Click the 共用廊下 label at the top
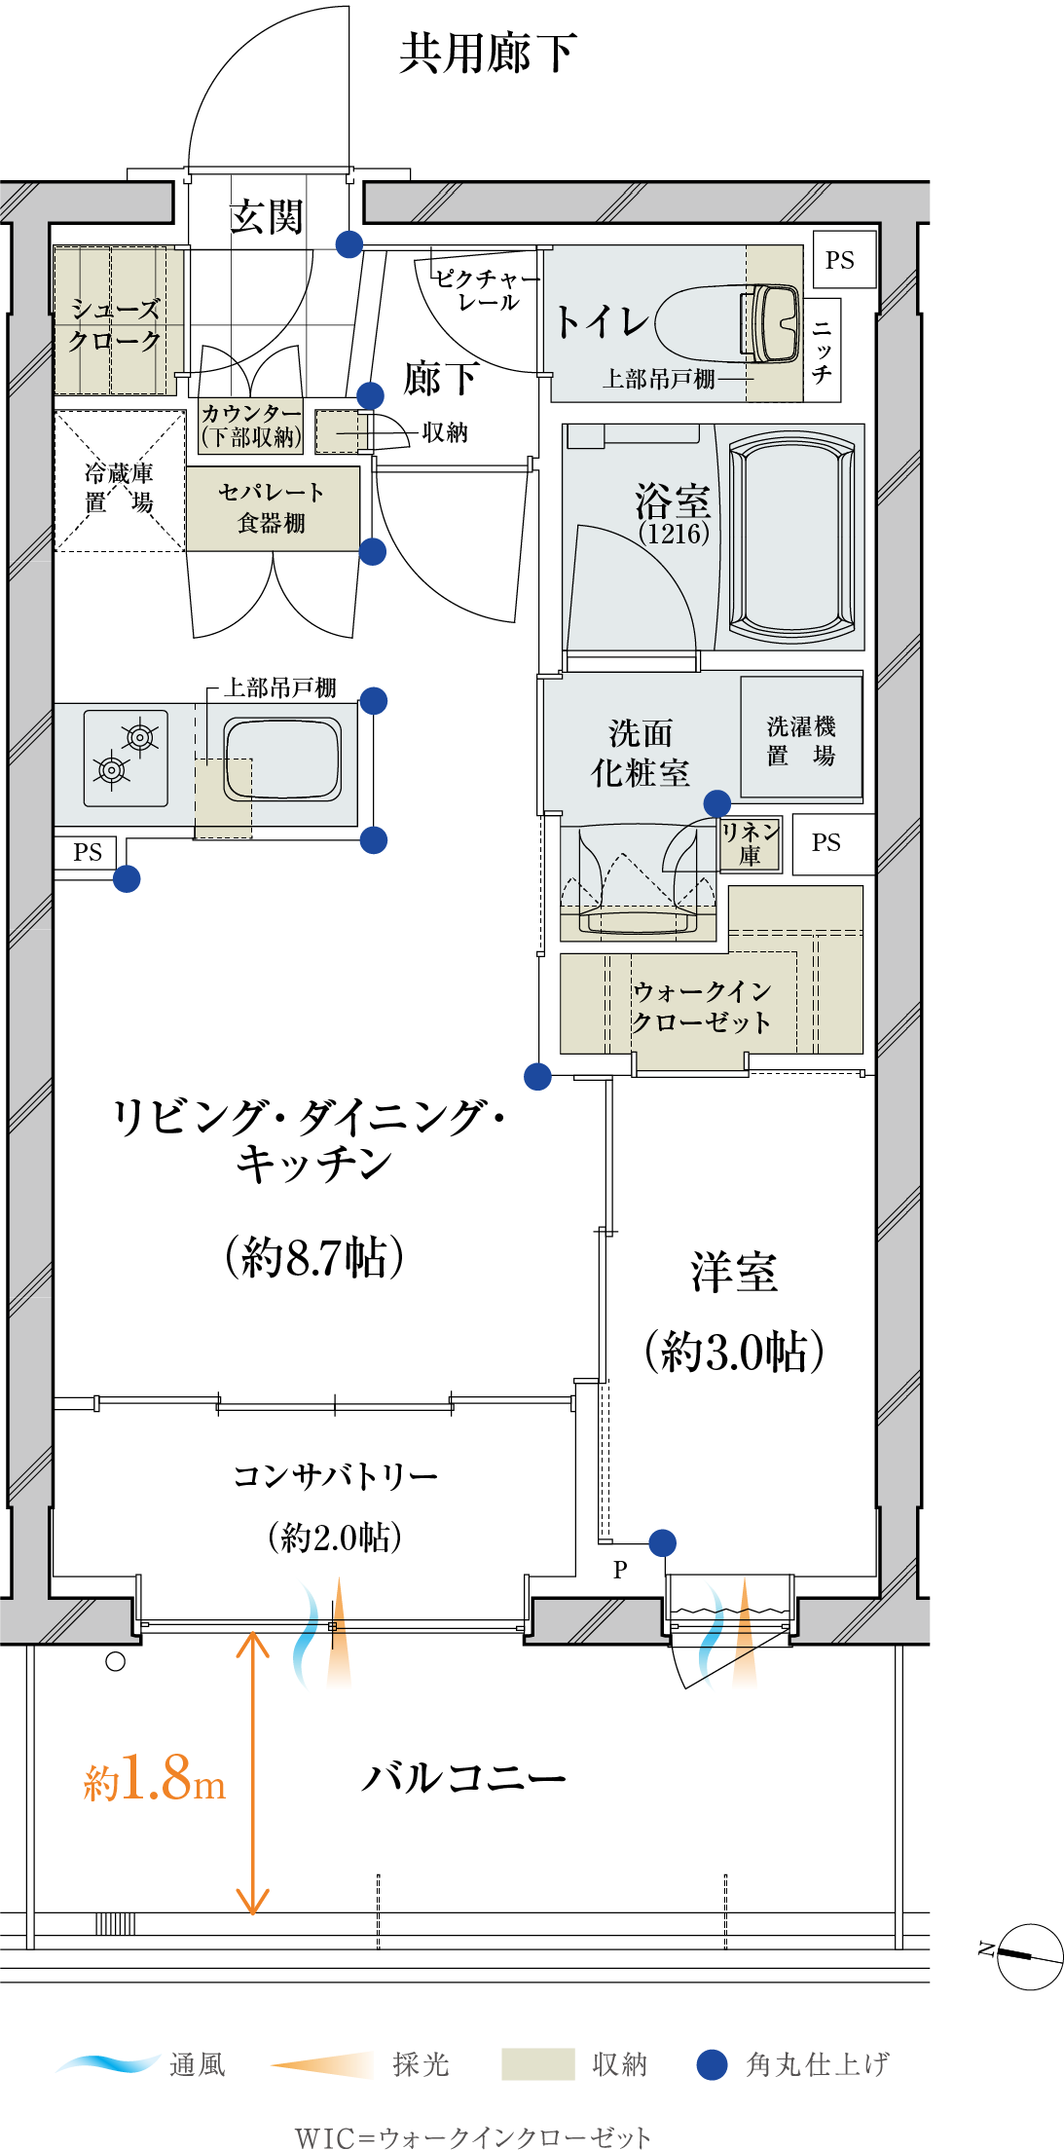point(488,53)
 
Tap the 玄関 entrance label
point(267,216)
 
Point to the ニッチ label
point(823,351)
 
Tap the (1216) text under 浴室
point(674,534)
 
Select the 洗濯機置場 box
point(801,738)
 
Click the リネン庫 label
point(750,843)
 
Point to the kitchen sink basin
point(283,759)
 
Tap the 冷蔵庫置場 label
point(119,487)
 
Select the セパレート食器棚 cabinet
point(273,508)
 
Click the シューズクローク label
point(115,324)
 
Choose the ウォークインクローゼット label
point(701,1006)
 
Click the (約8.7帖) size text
point(314,1256)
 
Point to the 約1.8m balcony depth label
point(155,1778)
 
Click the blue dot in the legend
point(713,2064)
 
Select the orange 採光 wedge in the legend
point(322,2064)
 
